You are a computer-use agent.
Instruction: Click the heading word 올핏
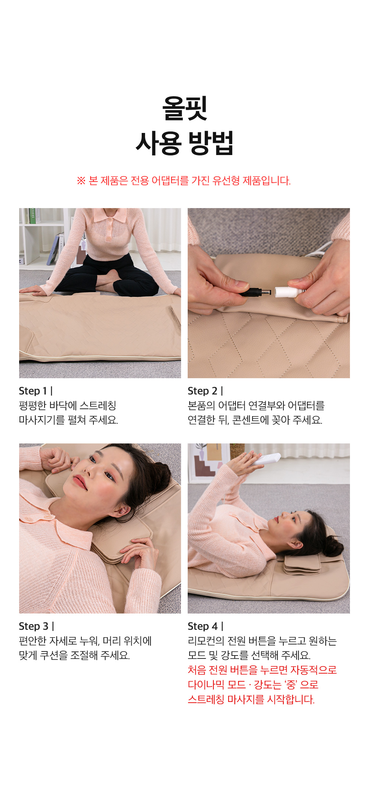185,108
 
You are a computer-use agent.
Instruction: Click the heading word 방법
211,143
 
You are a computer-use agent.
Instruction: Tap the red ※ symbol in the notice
81,181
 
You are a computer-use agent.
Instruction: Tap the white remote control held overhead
268,459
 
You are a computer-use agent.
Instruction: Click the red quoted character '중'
291,685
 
